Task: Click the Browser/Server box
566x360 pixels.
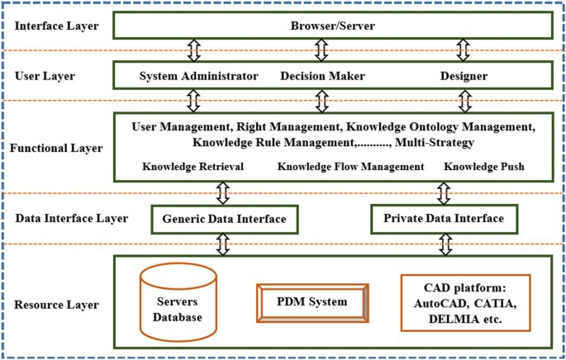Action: [332, 26]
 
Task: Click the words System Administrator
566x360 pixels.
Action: [198, 76]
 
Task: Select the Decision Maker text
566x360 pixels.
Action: [321, 76]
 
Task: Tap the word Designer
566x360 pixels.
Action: [463, 76]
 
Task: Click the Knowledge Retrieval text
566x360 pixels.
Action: [193, 167]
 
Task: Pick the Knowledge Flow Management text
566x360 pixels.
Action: [350, 167]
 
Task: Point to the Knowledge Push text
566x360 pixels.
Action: [483, 167]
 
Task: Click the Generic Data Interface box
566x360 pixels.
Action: [224, 219]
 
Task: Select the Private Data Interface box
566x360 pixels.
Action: [444, 219]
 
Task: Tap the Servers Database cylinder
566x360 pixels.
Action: [178, 302]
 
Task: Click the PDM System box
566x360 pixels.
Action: [312, 303]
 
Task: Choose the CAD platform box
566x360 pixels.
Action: [465, 302]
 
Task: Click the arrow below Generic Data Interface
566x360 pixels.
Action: [224, 244]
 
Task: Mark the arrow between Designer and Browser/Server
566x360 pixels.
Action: [464, 50]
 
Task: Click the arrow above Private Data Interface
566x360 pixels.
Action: [444, 193]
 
